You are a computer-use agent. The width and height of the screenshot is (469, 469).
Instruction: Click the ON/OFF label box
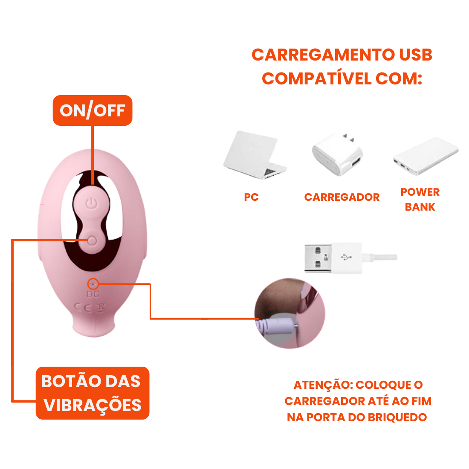click(x=93, y=110)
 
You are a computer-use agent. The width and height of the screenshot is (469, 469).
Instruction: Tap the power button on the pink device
click(x=92, y=203)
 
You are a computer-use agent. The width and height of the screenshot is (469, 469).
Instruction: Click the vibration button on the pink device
click(x=92, y=240)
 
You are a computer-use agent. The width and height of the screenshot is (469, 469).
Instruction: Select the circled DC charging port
click(x=93, y=284)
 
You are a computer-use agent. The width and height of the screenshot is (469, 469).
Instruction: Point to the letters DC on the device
click(x=93, y=294)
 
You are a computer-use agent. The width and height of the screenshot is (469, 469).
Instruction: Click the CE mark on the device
click(x=83, y=307)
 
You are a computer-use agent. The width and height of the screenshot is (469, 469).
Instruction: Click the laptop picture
click(x=255, y=155)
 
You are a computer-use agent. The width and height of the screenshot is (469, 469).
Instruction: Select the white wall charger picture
click(x=337, y=154)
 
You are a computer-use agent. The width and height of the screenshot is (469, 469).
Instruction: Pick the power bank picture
click(x=426, y=156)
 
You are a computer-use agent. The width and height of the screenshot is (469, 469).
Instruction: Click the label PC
click(x=251, y=197)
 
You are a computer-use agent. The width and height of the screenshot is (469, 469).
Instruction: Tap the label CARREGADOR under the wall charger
click(x=342, y=197)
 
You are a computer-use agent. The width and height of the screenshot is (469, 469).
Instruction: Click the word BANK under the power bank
click(x=420, y=207)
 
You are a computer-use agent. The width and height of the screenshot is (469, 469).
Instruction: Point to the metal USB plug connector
click(x=318, y=258)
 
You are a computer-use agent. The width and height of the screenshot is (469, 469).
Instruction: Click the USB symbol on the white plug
click(x=346, y=257)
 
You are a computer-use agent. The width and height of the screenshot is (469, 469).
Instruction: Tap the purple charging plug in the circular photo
click(x=277, y=327)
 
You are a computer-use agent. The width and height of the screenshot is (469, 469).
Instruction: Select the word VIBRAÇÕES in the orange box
click(x=93, y=405)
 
